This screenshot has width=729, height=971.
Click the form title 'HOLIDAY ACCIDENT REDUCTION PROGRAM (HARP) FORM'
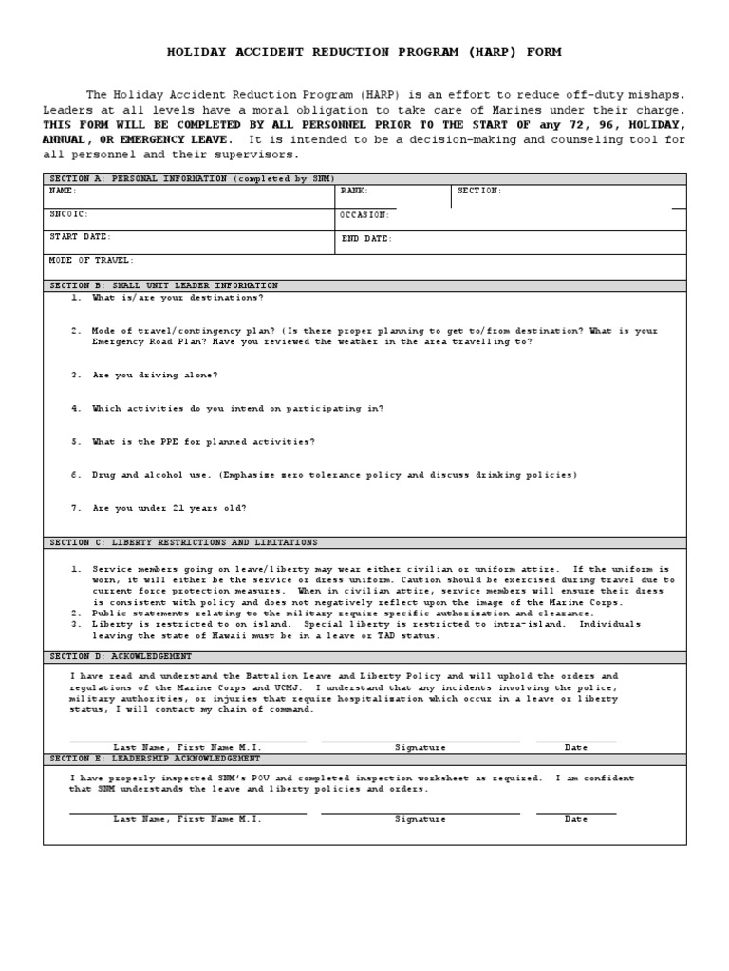point(364,52)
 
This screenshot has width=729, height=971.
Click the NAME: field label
point(63,191)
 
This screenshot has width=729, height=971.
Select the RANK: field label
point(355,191)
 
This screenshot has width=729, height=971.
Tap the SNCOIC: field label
point(68,214)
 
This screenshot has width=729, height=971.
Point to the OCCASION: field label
point(365,215)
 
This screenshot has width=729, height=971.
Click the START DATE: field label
point(81,237)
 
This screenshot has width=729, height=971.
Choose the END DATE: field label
point(366,239)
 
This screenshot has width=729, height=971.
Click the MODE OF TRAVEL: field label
point(92,260)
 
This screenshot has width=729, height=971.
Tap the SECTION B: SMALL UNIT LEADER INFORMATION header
point(164,285)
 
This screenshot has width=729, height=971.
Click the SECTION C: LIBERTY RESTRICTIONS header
point(183,542)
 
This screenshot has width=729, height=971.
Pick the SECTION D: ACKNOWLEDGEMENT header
point(121,656)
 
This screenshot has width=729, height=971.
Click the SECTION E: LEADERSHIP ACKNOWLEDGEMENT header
point(155,759)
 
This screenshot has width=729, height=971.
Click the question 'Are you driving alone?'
point(155,375)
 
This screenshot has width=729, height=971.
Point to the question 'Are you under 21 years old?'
point(169,508)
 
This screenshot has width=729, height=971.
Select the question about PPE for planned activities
point(203,441)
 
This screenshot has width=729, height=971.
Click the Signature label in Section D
point(420,747)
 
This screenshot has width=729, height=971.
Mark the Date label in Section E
point(576,819)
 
